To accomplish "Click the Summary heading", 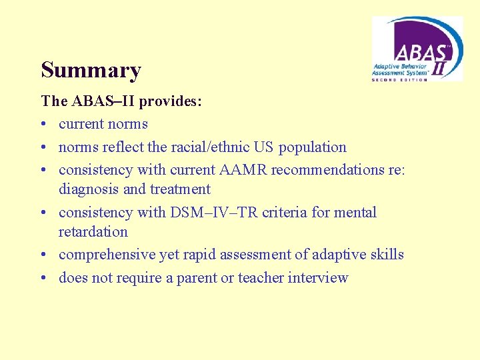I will pyautogui.click(x=91, y=70).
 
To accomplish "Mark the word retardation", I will pyautogui.click(x=93, y=232).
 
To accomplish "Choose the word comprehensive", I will pyautogui.click(x=107, y=255).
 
